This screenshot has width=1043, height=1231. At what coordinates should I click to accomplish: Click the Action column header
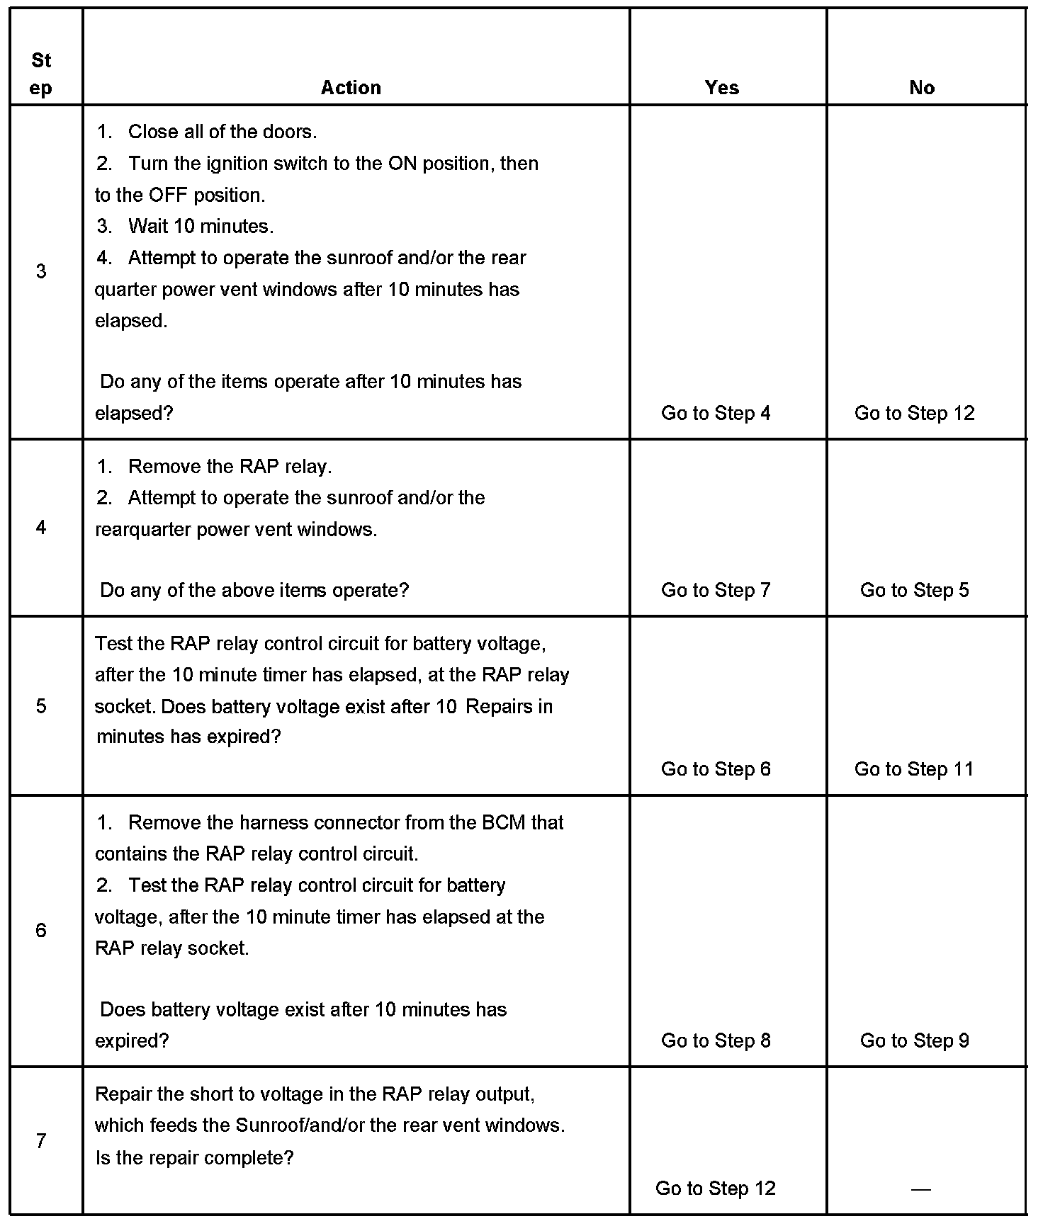tap(351, 87)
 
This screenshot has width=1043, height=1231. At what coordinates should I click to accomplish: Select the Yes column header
tap(721, 87)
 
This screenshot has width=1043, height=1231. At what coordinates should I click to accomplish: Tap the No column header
tap(922, 87)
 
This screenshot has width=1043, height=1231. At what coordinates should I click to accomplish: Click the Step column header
tap(41, 74)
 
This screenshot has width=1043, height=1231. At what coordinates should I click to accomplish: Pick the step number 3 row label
tap(41, 271)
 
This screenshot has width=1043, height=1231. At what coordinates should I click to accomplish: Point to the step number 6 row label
tap(41, 930)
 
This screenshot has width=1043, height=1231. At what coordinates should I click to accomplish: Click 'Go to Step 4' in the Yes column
tap(716, 413)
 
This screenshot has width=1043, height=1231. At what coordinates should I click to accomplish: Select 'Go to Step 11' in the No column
tap(914, 768)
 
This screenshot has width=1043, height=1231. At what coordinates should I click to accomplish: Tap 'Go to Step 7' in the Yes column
tap(716, 590)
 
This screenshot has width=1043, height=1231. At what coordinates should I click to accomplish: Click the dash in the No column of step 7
tap(920, 1189)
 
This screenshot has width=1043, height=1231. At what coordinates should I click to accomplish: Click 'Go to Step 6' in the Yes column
tap(716, 768)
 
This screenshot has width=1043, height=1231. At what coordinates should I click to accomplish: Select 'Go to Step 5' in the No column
tap(914, 590)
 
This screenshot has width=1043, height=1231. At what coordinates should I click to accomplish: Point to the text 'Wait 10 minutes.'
tap(201, 227)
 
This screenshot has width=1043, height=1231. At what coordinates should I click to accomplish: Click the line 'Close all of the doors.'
tap(222, 132)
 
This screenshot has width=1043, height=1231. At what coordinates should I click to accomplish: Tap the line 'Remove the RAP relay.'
tap(230, 466)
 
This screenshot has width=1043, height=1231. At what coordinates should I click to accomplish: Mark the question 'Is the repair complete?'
tap(194, 1157)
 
